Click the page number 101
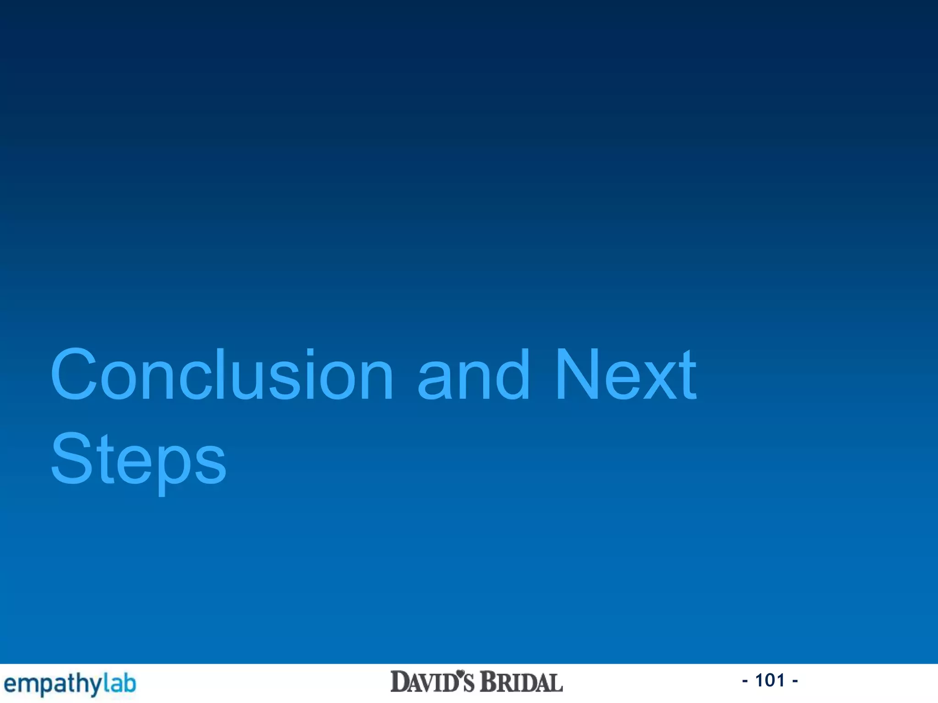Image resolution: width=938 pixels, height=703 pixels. (770, 681)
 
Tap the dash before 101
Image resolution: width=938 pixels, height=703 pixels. (745, 681)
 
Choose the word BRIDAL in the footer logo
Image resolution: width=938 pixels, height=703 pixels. (521, 682)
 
